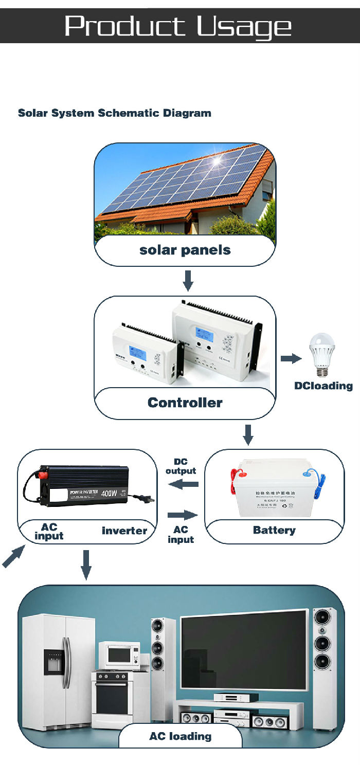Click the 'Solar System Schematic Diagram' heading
pyautogui.click(x=115, y=113)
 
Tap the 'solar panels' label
pyautogui.click(x=185, y=250)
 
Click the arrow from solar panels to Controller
pyautogui.click(x=188, y=280)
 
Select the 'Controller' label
pyautogui.click(x=185, y=403)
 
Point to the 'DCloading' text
pyautogui.click(x=323, y=386)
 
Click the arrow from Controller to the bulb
pyautogui.click(x=291, y=358)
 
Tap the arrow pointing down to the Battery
pyautogui.click(x=248, y=435)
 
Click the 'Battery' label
pyautogui.click(x=274, y=530)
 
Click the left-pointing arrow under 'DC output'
pyautogui.click(x=184, y=483)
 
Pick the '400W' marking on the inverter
pyautogui.click(x=109, y=494)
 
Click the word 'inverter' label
pyautogui.click(x=124, y=531)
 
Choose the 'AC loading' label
pyautogui.click(x=181, y=736)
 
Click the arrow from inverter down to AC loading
pyautogui.click(x=86, y=564)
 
